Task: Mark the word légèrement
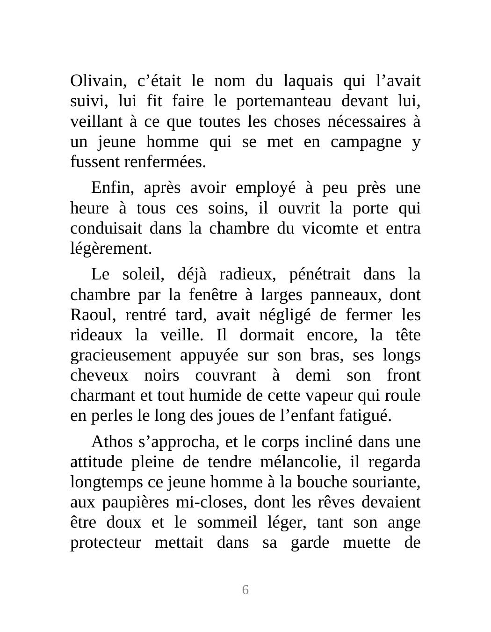pos(111,249)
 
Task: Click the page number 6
pos(245,590)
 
